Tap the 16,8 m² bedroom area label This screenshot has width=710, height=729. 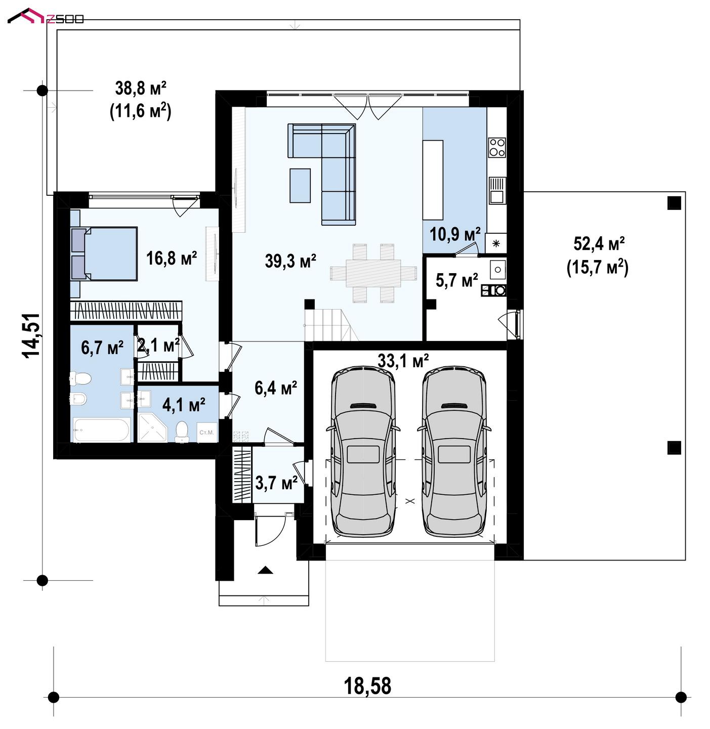(x=171, y=258)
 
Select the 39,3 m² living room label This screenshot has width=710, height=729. (x=290, y=261)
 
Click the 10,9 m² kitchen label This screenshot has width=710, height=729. (x=455, y=234)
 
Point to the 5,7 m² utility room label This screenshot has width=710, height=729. (x=457, y=280)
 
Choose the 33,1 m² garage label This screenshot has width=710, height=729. (x=403, y=361)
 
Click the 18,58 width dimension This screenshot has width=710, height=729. (x=367, y=685)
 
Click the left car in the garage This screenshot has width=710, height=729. (x=363, y=453)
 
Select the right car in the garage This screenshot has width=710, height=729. (x=454, y=453)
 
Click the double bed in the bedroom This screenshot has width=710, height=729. (x=104, y=253)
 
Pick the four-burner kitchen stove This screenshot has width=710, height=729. (x=497, y=147)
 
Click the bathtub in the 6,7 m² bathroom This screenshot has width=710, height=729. (x=101, y=430)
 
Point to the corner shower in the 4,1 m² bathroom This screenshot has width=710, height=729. (x=153, y=433)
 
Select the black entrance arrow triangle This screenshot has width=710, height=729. (x=265, y=570)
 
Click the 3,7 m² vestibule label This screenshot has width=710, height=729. (x=276, y=483)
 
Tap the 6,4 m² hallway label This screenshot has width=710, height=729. (x=276, y=388)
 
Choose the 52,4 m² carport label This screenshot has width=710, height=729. (x=599, y=243)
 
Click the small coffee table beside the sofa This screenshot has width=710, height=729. (x=300, y=186)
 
